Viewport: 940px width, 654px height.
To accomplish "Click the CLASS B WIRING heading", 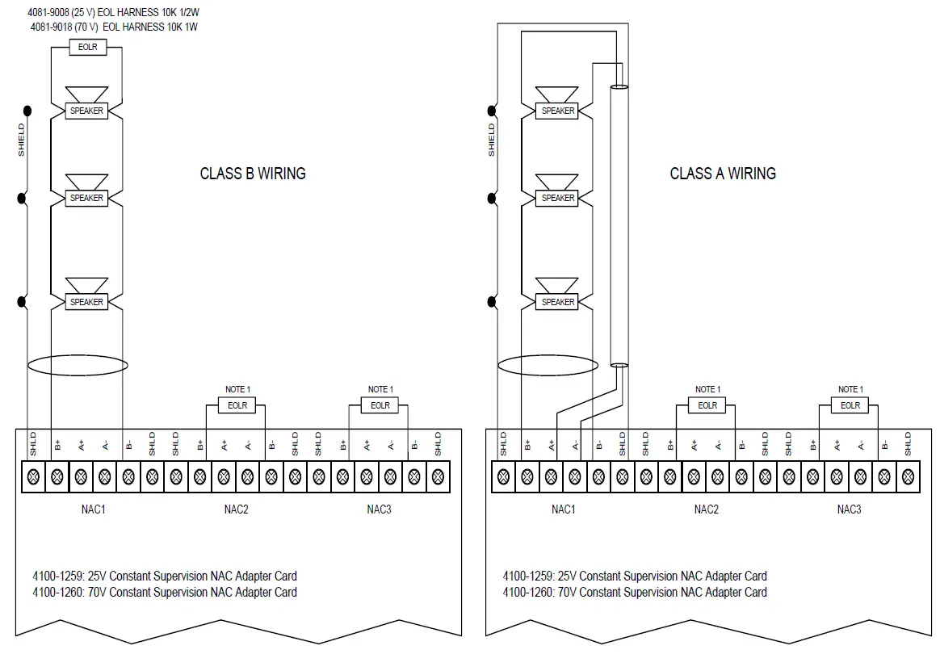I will click(253, 174).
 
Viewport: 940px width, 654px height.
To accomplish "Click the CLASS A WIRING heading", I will click(723, 174).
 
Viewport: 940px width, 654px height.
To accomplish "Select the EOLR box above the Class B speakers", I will click(87, 48).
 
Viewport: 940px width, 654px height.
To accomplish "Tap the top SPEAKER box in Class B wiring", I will click(86, 111).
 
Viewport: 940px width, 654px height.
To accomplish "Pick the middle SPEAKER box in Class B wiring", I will click(86, 198).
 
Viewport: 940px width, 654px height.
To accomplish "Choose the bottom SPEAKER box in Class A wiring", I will click(557, 302).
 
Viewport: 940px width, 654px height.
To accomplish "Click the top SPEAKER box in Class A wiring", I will click(557, 111).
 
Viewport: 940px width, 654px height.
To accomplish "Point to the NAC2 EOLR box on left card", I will click(237, 405).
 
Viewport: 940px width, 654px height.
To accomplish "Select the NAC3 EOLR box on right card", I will click(850, 405).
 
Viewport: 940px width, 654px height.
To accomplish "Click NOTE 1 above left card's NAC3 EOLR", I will click(380, 389).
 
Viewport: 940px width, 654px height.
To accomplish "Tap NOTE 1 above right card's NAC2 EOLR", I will click(707, 389).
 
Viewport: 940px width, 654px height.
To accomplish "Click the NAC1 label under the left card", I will click(92, 509).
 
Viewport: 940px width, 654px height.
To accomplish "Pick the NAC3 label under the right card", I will click(849, 509).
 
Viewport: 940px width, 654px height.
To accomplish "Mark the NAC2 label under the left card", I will click(236, 509).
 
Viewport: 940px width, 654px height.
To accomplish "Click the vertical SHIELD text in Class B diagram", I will click(22, 140).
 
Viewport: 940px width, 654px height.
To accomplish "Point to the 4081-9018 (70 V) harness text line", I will click(114, 27).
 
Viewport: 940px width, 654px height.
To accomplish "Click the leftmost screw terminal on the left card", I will click(34, 476).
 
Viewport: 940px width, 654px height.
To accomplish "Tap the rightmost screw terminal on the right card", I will click(908, 476).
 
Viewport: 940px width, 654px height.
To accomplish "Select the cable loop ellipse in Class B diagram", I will click(78, 365).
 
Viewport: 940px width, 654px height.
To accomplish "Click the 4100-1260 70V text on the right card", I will click(635, 592).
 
